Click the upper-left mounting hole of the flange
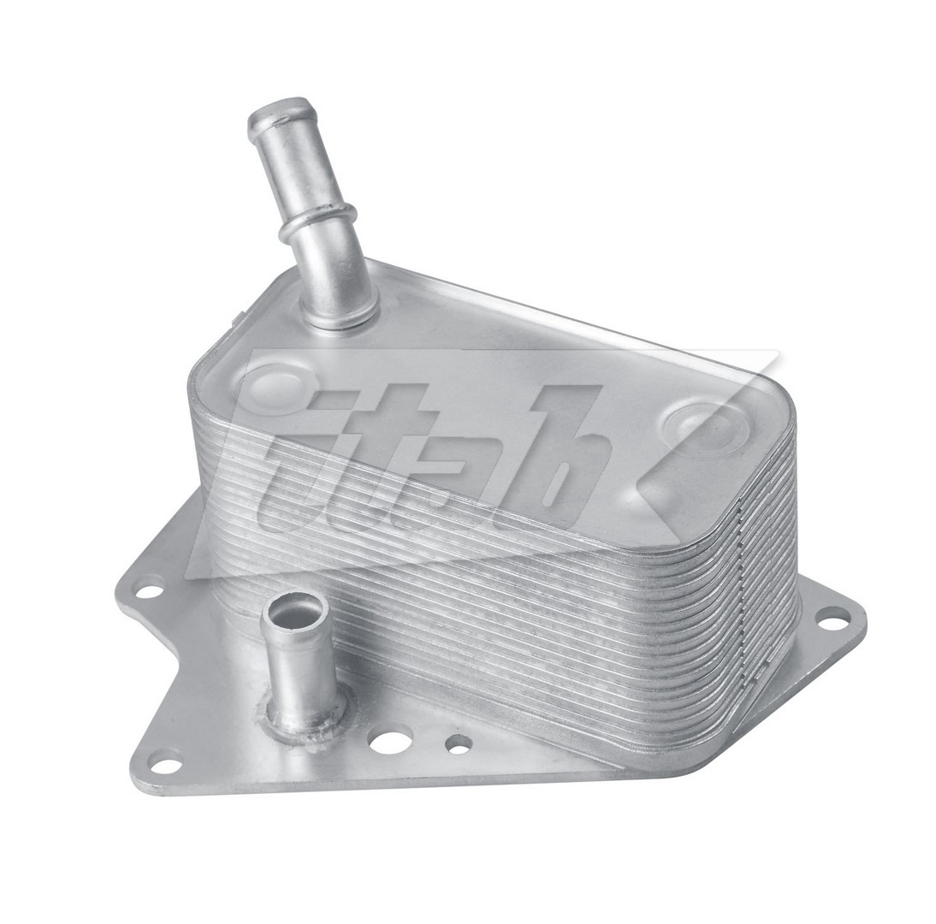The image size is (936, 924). coord(148,589)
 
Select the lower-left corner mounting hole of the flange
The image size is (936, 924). coord(166,761)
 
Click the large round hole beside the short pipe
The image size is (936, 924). coord(390,738)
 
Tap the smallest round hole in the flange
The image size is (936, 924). coord(459,744)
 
